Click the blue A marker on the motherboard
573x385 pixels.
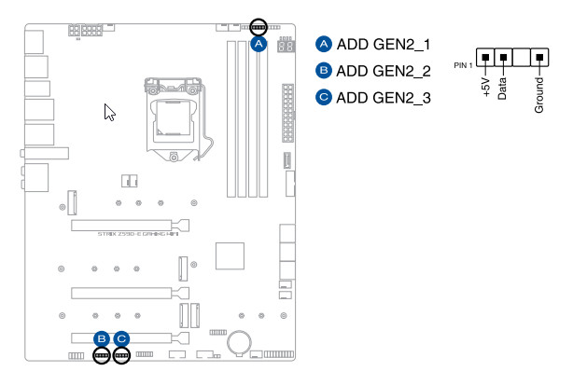pos(260,43)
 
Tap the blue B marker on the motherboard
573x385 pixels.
pos(101,339)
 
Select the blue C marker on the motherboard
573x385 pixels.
pos(121,339)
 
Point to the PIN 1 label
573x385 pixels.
pos(464,65)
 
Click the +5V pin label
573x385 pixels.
pos(484,89)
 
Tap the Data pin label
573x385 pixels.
pos(503,89)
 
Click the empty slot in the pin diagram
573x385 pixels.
pos(522,59)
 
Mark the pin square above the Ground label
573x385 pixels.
pos(539,59)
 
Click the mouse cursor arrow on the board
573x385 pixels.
pos(109,113)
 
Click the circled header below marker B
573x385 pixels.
pos(101,356)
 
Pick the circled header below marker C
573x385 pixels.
pos(121,356)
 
